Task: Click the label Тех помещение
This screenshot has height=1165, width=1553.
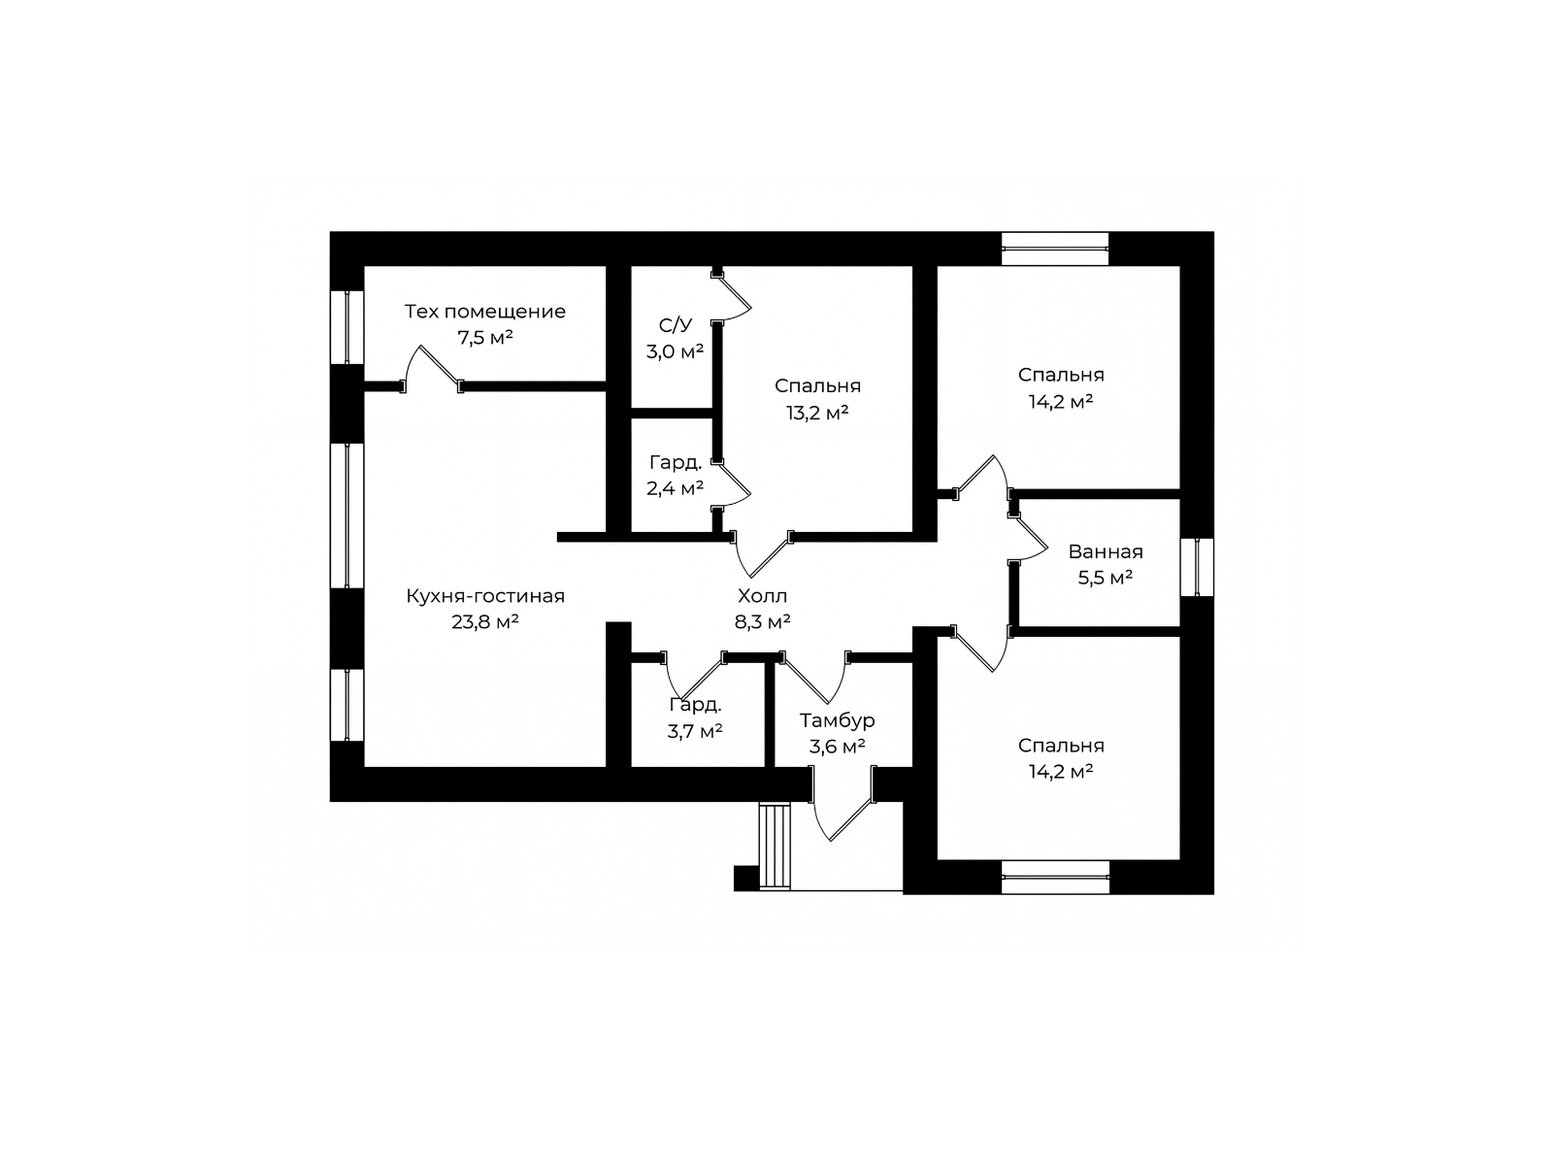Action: pos(484,312)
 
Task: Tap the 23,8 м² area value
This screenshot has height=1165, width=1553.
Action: pos(484,621)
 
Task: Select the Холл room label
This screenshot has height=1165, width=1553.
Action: pos(762,595)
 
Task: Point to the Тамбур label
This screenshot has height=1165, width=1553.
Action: pos(837,720)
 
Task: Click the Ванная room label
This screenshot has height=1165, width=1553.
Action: pos(1106,551)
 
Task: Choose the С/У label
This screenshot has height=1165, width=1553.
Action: pos(675,324)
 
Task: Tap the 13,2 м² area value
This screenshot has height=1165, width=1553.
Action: pos(817,413)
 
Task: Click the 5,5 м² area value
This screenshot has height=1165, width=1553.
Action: pos(1106,578)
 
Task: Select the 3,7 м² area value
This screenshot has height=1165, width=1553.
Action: pos(695,731)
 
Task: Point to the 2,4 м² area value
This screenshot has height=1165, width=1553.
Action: pos(675,488)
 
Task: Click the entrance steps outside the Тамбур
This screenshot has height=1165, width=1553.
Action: pos(775,846)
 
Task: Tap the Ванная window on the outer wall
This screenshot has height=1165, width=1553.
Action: pos(1197,567)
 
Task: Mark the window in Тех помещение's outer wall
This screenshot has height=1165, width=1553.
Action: pos(347,327)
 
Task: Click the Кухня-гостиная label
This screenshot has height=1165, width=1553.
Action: pos(484,595)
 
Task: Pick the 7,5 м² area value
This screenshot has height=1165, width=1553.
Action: pos(484,338)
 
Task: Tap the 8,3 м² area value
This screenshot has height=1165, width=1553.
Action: pos(762,621)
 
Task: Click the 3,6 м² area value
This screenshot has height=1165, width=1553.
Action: pos(837,747)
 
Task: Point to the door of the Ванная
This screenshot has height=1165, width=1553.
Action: pos(1027,538)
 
